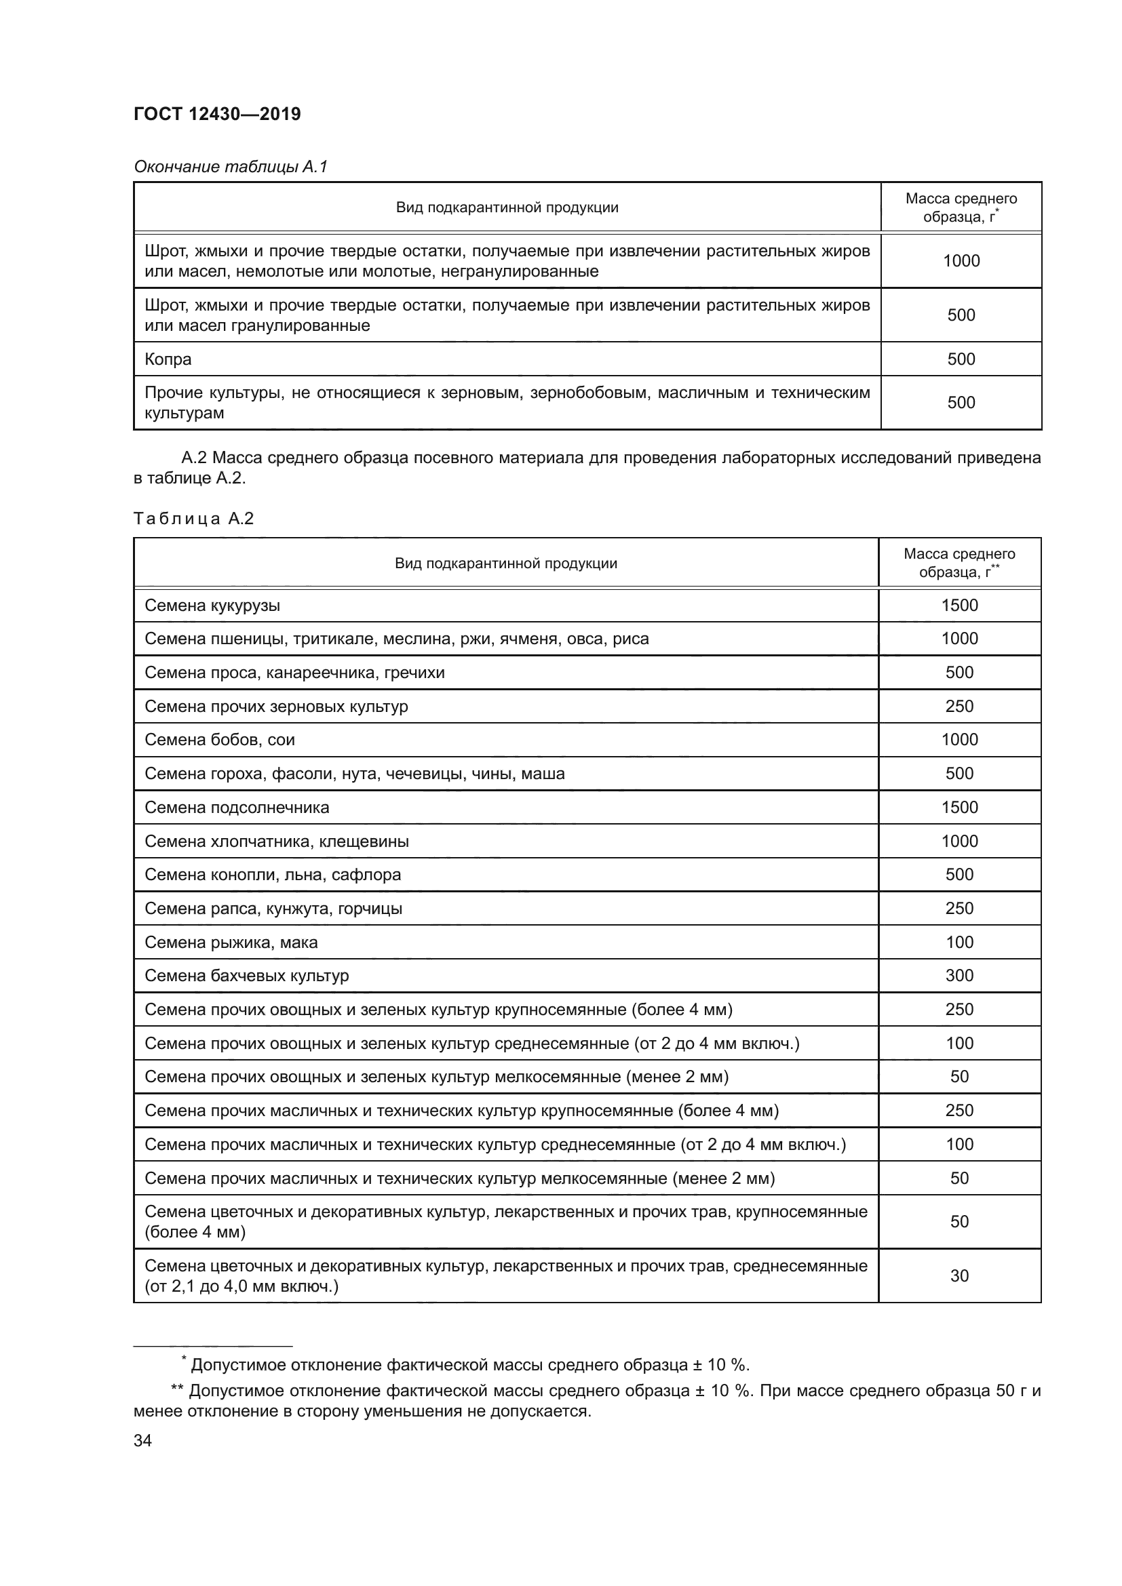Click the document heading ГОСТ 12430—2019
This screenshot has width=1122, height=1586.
click(x=217, y=114)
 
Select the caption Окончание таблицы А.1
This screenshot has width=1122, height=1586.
click(x=230, y=167)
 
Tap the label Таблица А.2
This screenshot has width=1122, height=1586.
click(x=193, y=518)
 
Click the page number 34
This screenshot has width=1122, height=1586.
click(x=142, y=1440)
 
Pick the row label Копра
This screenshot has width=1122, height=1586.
click(x=168, y=359)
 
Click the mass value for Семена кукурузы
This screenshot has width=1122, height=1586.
click(x=959, y=605)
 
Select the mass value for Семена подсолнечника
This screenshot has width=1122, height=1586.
click(x=959, y=807)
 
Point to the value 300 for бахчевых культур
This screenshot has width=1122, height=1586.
click(x=959, y=975)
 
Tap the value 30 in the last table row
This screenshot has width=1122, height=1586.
click(x=959, y=1276)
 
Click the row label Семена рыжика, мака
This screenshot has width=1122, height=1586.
click(x=231, y=943)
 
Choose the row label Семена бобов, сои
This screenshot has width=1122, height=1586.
click(x=219, y=740)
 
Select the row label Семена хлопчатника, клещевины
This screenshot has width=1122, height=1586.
click(x=276, y=841)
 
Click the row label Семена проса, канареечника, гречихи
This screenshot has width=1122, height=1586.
click(x=294, y=672)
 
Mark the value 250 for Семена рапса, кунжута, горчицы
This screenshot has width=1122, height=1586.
click(x=959, y=909)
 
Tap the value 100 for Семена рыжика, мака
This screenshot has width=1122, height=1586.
click(x=959, y=943)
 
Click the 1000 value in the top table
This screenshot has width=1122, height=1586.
click(x=961, y=260)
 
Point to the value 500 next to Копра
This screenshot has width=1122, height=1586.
click(x=961, y=359)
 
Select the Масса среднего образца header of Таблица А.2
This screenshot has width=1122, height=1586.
click(x=959, y=563)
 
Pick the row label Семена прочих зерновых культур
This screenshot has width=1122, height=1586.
click(x=276, y=706)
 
